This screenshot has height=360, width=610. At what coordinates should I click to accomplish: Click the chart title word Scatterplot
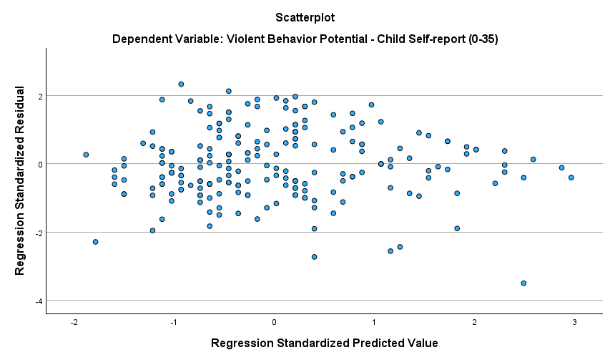(305, 16)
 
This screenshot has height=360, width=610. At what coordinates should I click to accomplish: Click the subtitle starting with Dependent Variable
(305, 39)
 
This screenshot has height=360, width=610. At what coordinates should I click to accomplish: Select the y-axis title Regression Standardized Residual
(21, 181)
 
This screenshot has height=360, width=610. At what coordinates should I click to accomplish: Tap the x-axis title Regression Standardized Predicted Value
(324, 343)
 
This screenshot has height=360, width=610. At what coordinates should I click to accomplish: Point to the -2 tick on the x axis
(74, 323)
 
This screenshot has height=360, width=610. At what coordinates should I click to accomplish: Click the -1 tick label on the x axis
(174, 323)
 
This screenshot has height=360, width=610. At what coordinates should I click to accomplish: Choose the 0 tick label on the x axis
(274, 323)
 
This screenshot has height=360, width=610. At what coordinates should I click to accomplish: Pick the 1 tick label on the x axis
(374, 323)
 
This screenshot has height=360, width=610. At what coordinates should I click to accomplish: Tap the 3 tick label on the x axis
(574, 323)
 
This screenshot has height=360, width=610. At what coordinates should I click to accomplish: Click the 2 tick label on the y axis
(40, 96)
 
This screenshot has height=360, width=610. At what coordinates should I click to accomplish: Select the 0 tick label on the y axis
(40, 164)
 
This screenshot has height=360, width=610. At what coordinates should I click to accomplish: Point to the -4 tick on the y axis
(39, 301)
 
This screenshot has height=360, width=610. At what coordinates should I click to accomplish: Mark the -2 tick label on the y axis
(39, 233)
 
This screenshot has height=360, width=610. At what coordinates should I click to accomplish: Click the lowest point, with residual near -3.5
(523, 283)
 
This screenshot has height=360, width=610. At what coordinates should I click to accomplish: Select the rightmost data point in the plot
(571, 177)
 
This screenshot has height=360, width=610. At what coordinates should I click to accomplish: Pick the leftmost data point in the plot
(86, 155)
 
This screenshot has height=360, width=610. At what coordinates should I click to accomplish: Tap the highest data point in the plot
(181, 84)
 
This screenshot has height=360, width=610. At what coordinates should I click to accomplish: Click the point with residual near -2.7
(314, 257)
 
